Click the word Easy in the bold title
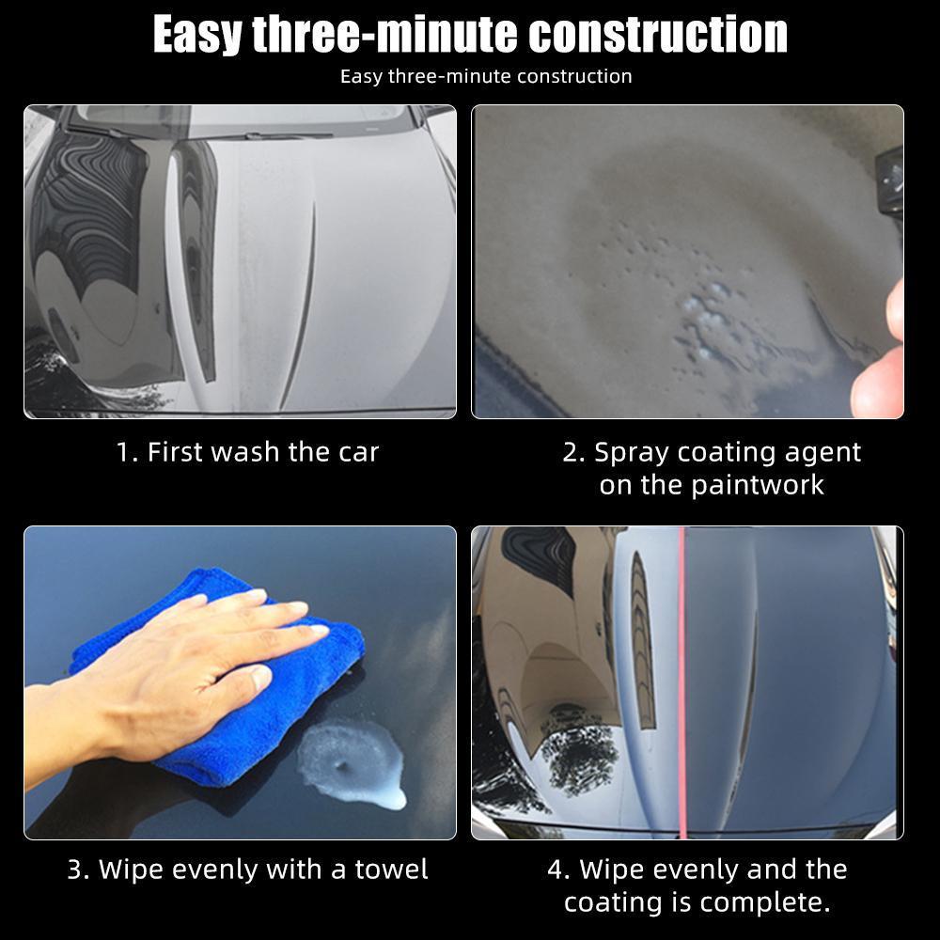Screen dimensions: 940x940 tap(197, 35)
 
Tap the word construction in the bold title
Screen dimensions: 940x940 tap(658, 35)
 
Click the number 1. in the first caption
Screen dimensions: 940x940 tap(127, 452)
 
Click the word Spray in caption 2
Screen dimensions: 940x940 tap(632, 452)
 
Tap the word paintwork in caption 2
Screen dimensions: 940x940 tap(758, 485)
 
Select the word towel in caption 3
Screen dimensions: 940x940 tap(391, 869)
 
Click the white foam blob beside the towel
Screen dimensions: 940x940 tap(352, 761)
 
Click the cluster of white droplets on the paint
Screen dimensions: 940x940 tap(705, 315)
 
